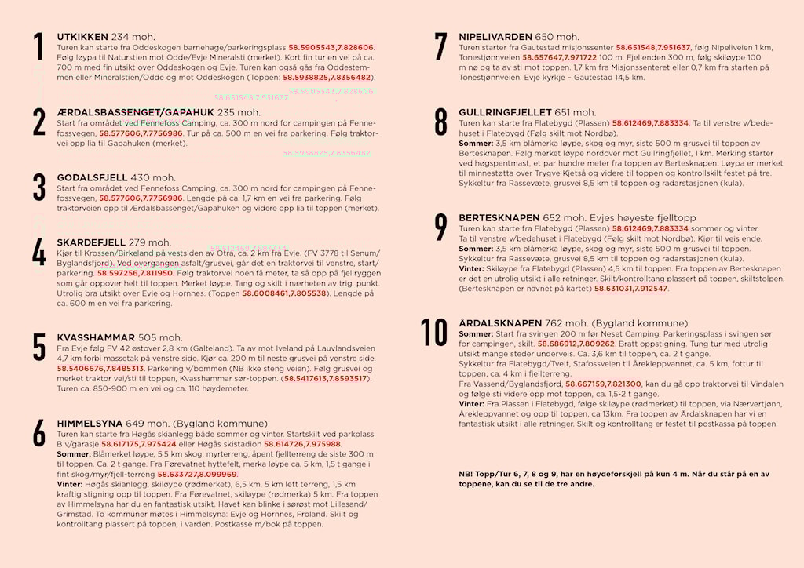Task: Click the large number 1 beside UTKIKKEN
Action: (38, 48)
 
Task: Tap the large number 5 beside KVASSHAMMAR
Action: (39, 347)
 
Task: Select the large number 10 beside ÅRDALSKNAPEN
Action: (434, 332)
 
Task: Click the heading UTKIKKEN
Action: (82, 37)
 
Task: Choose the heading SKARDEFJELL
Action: (91, 242)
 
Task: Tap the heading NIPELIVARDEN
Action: (495, 37)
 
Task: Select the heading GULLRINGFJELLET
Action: (505, 113)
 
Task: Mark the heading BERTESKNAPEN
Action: (499, 217)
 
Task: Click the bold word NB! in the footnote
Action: (466, 474)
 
